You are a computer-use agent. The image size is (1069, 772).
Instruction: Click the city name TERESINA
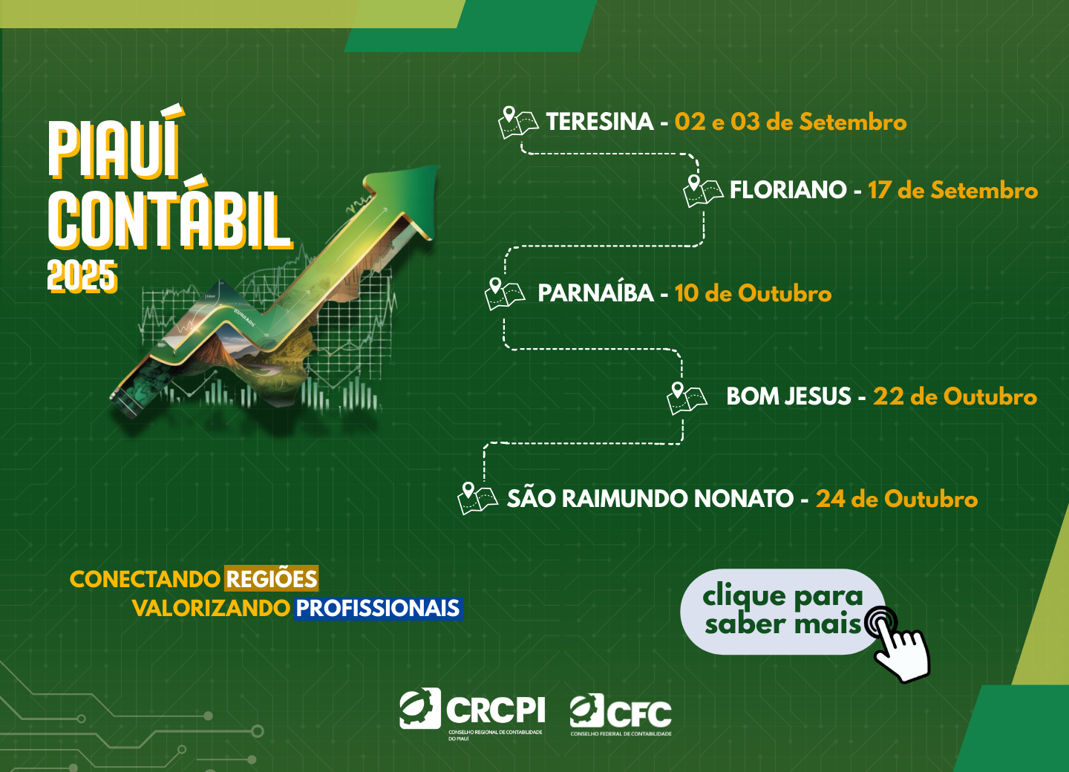pos(599,122)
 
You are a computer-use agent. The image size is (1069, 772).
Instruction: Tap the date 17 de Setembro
pos(952,190)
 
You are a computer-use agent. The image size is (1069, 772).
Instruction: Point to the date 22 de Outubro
pos(955,396)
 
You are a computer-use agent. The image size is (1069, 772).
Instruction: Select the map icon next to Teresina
pos(518,122)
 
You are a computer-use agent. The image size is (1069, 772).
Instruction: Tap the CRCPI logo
pos(472,714)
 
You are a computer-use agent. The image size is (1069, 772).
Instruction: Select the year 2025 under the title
pos(82,276)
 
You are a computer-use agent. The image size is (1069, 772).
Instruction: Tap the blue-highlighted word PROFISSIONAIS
pos(378,608)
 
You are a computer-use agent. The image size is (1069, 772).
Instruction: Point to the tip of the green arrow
pos(437,166)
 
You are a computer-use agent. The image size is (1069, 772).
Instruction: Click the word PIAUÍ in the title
pos(116,143)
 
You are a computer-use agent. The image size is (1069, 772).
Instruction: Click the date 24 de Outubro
pos(897,499)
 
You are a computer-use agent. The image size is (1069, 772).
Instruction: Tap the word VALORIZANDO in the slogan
pos(211,609)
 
